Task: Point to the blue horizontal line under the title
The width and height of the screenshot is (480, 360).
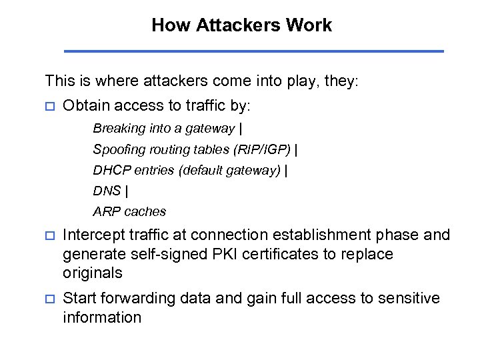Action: (x=253, y=51)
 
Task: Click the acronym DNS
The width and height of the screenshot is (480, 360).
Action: (x=107, y=191)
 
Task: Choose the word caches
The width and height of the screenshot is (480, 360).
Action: (x=145, y=211)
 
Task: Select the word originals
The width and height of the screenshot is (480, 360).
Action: (x=93, y=273)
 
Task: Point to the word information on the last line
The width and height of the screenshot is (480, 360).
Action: (x=102, y=317)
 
